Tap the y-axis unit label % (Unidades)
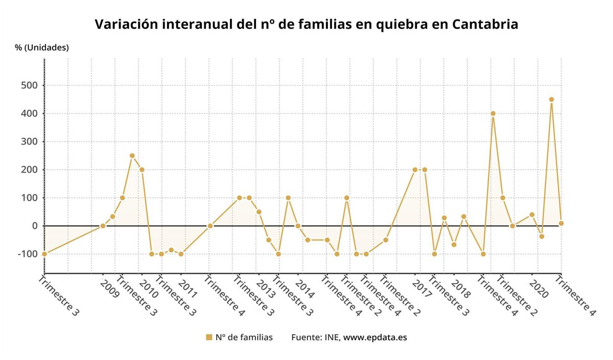[42, 47]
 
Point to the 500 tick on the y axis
[29, 85]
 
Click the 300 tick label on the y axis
[29, 141]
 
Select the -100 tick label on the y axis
[27, 254]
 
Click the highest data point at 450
[551, 100]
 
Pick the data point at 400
[493, 113]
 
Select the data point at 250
[132, 156]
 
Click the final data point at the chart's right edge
[561, 223]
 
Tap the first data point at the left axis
[44, 254]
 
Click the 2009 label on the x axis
[109, 289]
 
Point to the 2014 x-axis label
[304, 289]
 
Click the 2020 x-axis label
[538, 289]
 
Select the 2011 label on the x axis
[187, 289]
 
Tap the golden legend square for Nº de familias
[209, 338]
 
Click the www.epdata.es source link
[375, 338]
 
